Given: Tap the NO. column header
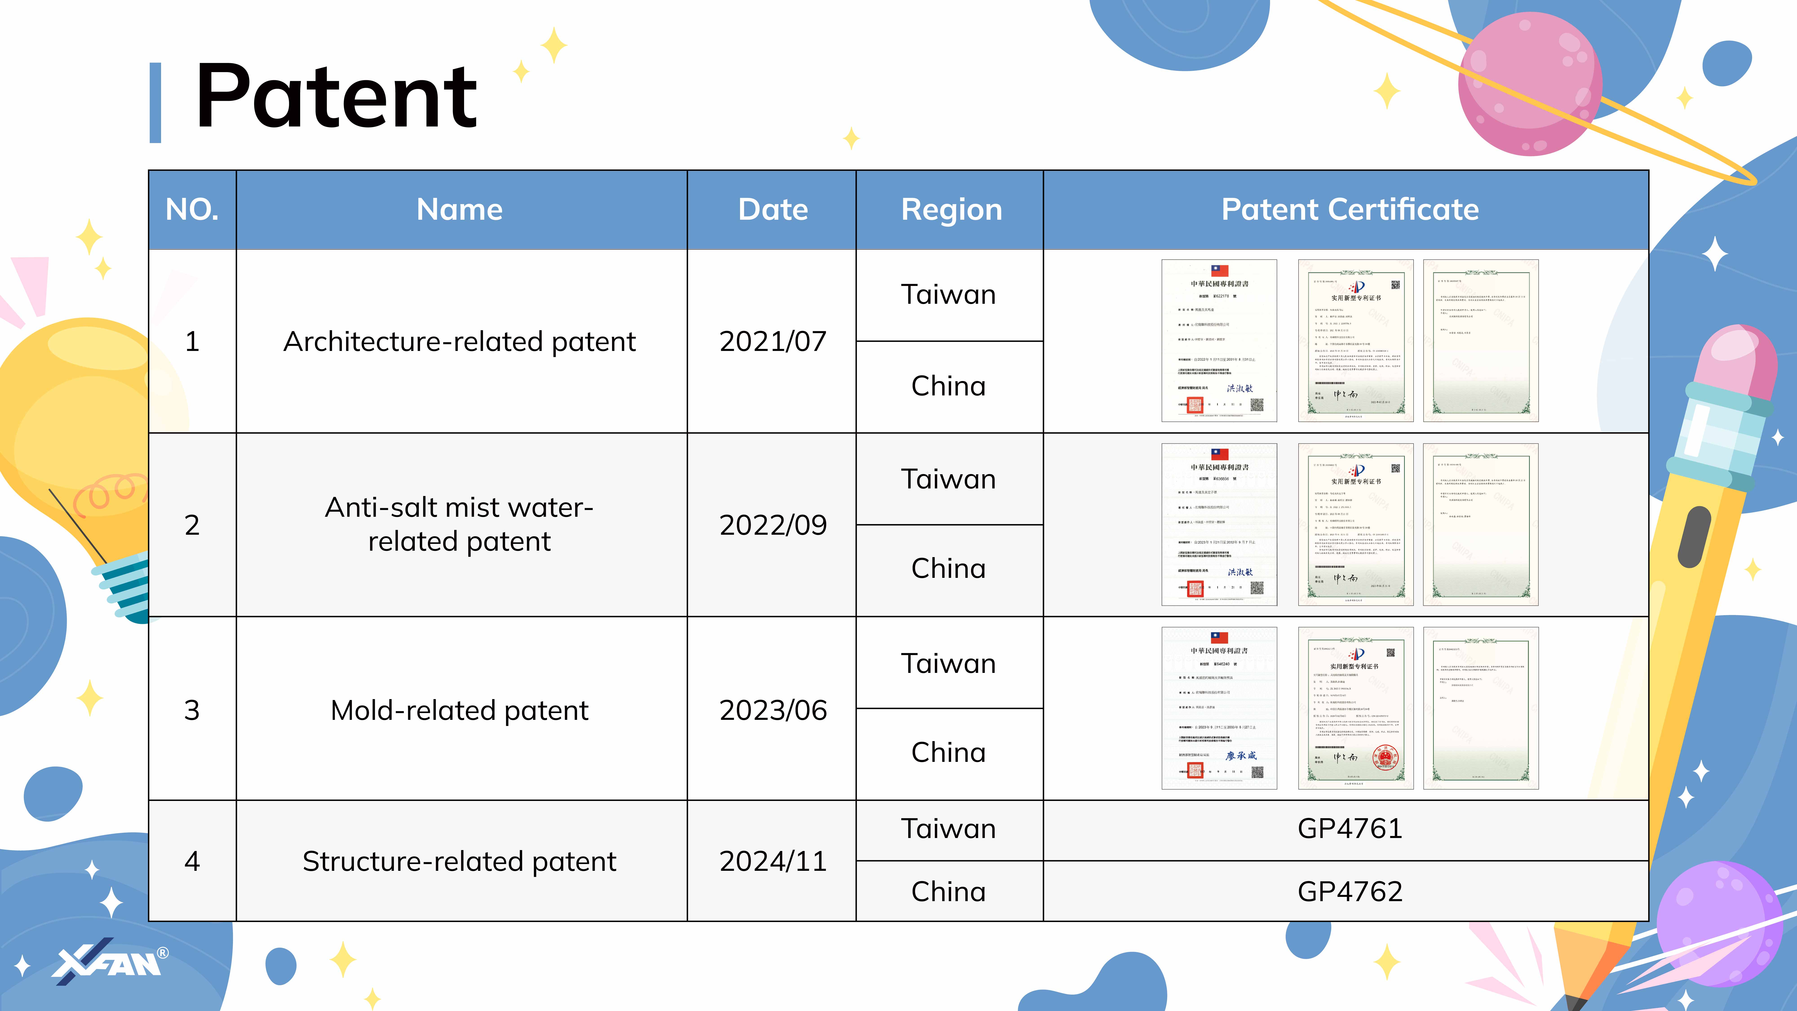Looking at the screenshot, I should pos(192,209).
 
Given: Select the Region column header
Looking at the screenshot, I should pos(951,209).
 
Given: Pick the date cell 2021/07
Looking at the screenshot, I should pos(772,341).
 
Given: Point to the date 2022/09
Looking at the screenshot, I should pos(772,525).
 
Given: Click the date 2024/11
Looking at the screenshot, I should pos(772,861).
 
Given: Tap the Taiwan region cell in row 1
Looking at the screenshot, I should pos(949,295).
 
